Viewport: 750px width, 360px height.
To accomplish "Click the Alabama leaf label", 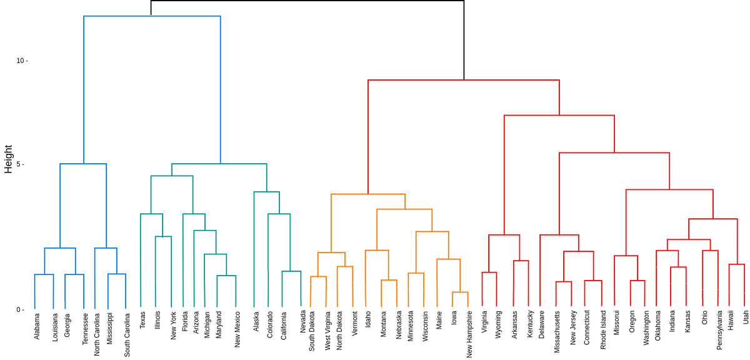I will pyautogui.click(x=37, y=326).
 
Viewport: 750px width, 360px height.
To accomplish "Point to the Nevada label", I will pyautogui.click(x=302, y=322).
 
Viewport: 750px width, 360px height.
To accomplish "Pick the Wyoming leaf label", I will pyautogui.click(x=498, y=325).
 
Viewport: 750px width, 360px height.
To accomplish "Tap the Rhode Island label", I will pyautogui.click(x=604, y=330).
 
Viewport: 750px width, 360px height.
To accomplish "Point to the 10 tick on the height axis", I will pyautogui.click(x=21, y=61).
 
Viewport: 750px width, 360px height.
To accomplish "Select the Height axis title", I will pyautogui.click(x=9, y=159).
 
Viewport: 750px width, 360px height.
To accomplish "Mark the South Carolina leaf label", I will pyautogui.click(x=127, y=334).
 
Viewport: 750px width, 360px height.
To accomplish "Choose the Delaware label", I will pyautogui.click(x=541, y=324).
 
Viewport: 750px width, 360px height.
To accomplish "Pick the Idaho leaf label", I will pyautogui.click(x=369, y=319).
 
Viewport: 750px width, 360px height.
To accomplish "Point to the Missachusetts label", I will pyautogui.click(x=557, y=333).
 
